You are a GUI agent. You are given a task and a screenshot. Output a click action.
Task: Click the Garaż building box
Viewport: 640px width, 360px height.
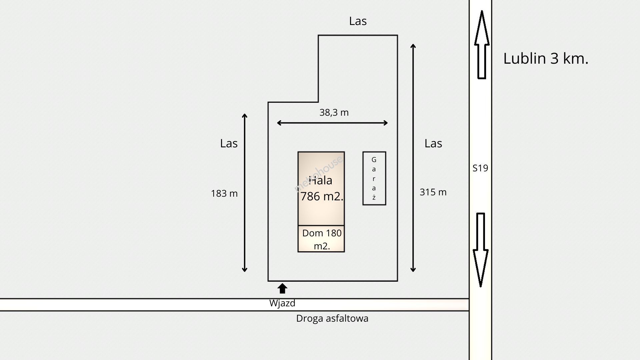coord(374,178)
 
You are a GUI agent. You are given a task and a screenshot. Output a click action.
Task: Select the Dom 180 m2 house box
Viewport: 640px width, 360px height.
coord(321,239)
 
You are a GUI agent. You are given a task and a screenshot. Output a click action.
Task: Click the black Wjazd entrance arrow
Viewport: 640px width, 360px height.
coord(282,288)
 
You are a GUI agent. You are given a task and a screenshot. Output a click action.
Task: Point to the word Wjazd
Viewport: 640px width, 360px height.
coord(282,303)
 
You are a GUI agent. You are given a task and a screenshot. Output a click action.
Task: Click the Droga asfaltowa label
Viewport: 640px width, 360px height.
coord(332,318)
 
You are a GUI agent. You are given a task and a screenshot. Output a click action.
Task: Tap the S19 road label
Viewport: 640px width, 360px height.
coord(480,168)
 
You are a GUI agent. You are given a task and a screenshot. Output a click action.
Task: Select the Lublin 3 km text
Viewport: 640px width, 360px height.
coord(546,59)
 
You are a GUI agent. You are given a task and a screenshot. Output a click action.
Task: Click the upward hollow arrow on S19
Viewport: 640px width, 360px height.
coord(481,45)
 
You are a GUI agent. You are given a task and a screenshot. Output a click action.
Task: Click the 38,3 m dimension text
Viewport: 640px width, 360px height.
coord(334,113)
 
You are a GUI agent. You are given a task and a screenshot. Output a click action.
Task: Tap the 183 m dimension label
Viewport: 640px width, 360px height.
coord(224,194)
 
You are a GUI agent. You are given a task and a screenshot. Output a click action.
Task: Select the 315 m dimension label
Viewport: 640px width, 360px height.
coord(433,192)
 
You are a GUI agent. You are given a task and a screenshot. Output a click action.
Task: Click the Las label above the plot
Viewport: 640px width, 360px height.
coord(358,21)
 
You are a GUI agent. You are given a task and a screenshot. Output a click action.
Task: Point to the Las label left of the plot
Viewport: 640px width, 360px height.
coord(229,143)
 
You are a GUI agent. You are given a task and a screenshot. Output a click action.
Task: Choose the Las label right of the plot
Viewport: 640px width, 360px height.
coord(433,143)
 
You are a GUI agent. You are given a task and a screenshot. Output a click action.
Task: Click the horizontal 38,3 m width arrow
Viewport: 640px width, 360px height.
coord(332,123)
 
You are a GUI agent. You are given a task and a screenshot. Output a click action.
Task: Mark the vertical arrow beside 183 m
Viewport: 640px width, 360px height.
coord(245,193)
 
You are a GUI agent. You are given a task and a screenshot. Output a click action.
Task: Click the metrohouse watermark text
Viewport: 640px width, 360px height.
coord(318,174)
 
